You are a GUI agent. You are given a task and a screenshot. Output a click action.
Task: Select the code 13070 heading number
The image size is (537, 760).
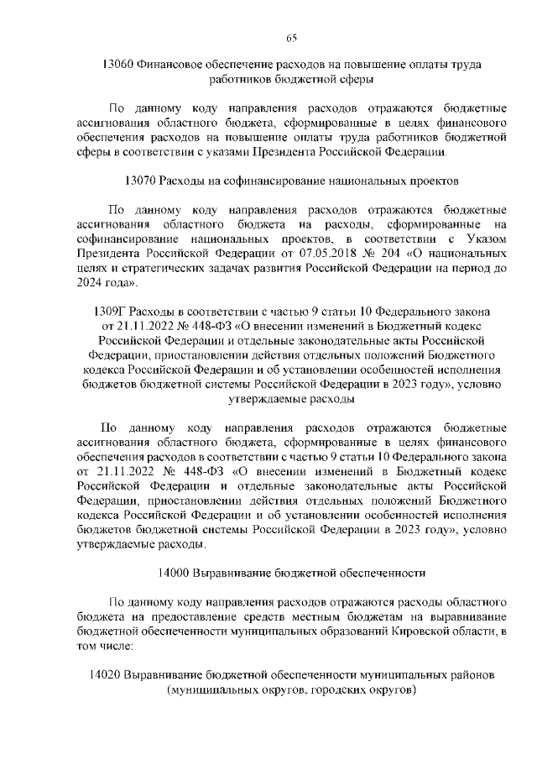[x=139, y=181]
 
